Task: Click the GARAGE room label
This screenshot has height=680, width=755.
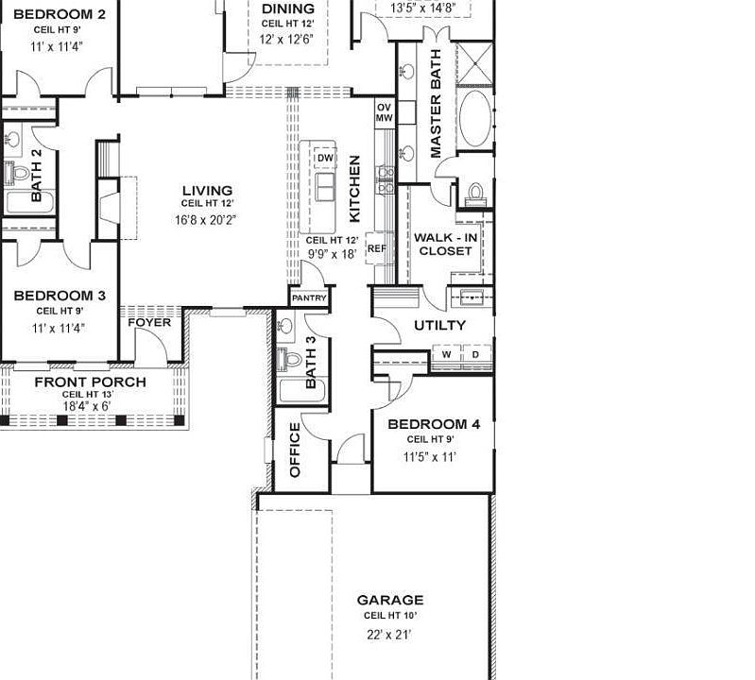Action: [389, 600]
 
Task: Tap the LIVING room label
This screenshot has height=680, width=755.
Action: [207, 191]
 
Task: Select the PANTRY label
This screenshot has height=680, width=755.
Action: [309, 298]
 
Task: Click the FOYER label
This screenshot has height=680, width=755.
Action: [149, 323]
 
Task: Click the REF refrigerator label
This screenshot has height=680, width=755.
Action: [376, 249]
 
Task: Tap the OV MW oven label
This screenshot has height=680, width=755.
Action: [384, 112]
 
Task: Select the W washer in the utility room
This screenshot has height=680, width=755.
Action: [446, 355]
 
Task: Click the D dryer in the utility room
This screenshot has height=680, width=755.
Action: [474, 355]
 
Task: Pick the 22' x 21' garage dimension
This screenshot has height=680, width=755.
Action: [389, 635]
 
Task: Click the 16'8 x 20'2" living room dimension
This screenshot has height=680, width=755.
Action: [205, 219]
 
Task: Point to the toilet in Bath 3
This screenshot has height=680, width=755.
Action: [291, 358]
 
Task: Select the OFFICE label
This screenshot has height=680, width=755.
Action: [294, 450]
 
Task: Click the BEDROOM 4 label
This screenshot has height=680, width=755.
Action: [434, 424]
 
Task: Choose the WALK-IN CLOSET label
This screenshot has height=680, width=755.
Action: [445, 244]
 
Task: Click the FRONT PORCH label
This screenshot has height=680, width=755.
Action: [90, 382]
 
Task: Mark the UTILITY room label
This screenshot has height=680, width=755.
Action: [440, 325]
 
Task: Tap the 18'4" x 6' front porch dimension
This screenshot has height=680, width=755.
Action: [86, 406]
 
